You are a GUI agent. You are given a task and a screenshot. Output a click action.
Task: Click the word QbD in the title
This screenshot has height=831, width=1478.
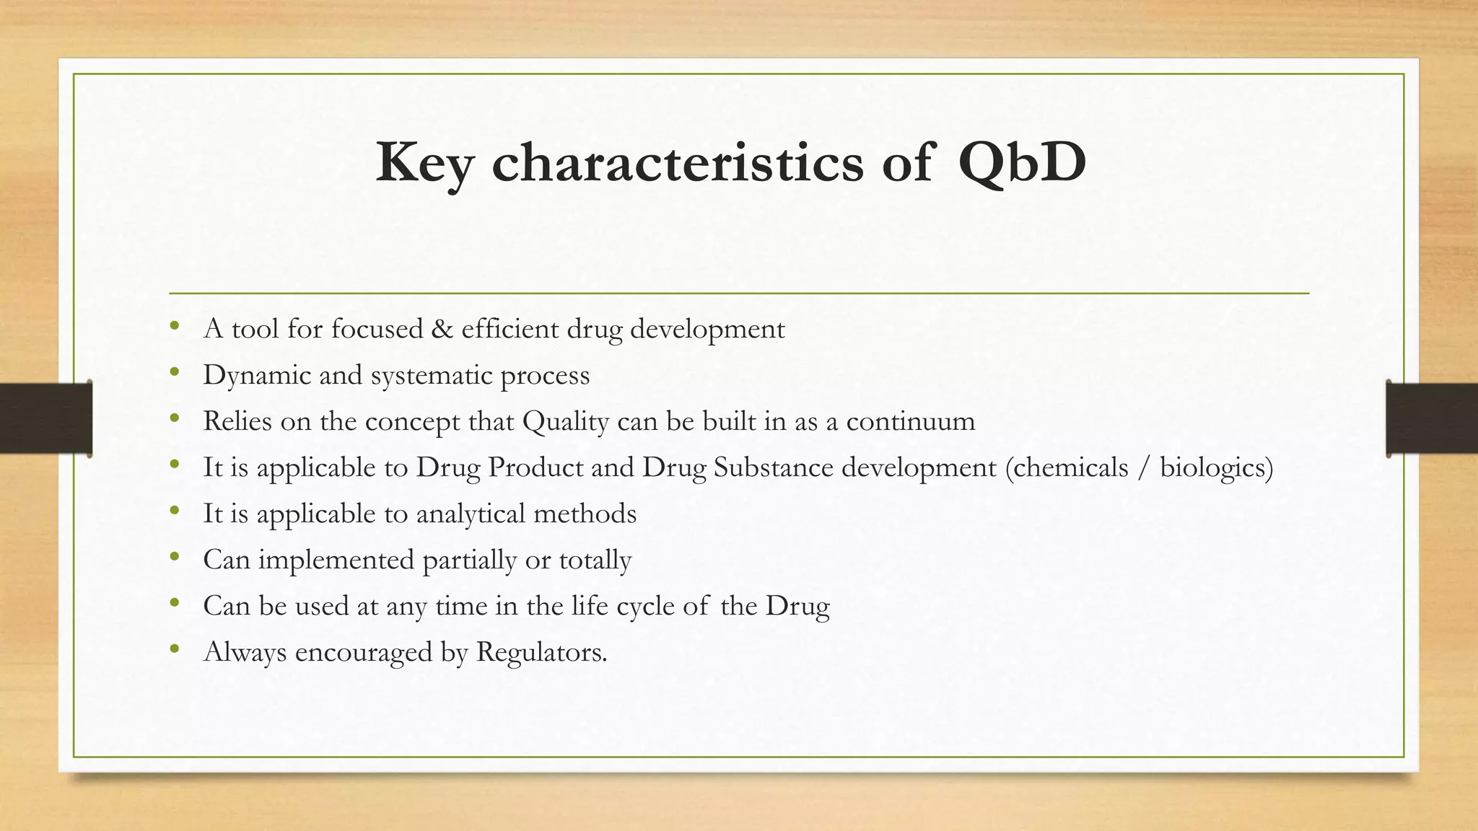point(1022,163)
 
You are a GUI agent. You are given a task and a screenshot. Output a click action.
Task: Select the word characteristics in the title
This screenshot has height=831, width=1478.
point(677,163)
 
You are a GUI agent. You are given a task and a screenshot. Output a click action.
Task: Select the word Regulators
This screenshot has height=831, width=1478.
point(541,652)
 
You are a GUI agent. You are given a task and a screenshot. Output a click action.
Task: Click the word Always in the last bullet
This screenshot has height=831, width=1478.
point(245,652)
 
